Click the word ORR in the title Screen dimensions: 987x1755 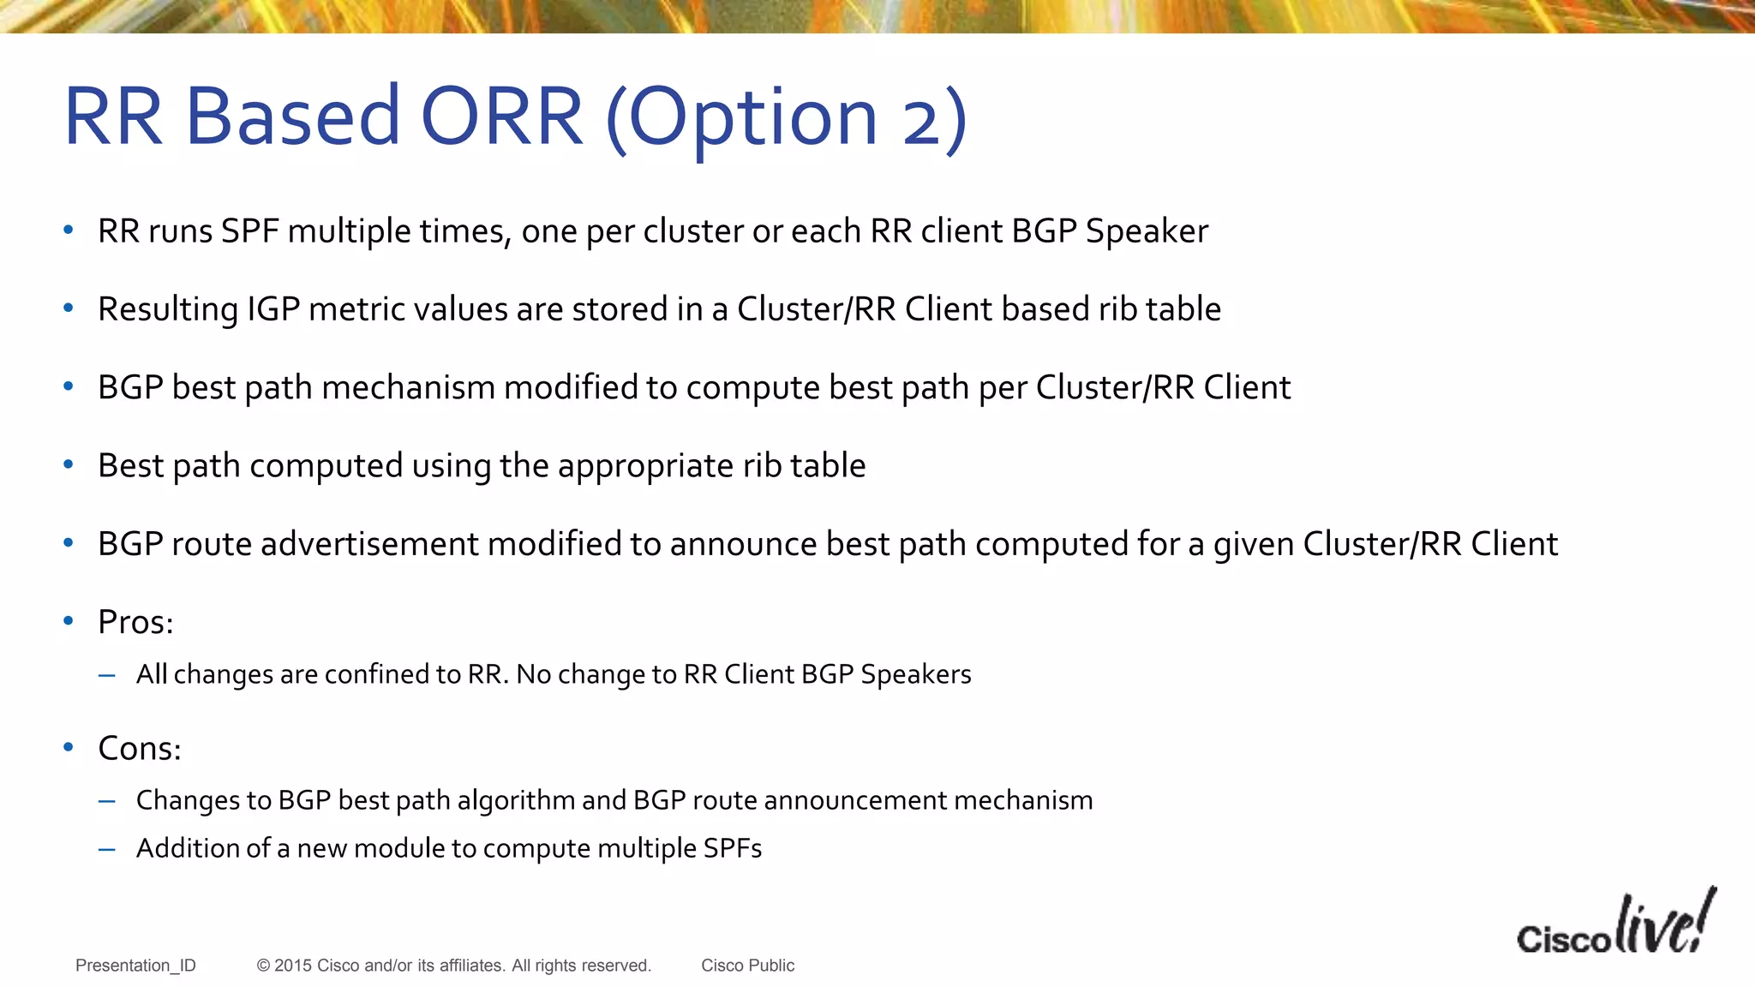[x=502, y=117]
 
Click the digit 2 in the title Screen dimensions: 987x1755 [x=923, y=121]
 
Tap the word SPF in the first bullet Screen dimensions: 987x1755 [x=249, y=231]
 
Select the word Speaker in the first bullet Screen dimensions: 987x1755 [x=1147, y=231]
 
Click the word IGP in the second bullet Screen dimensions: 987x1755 [x=273, y=309]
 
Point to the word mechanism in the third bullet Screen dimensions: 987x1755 [x=408, y=388]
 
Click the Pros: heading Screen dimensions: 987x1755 [x=135, y=623]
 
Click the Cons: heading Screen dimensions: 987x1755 [x=139, y=749]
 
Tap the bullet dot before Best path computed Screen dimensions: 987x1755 [x=69, y=464]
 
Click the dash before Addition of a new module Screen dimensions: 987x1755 [x=107, y=849]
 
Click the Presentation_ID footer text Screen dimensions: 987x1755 [x=135, y=966]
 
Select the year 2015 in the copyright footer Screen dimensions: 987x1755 [x=293, y=966]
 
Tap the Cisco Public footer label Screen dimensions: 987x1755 [x=747, y=966]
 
